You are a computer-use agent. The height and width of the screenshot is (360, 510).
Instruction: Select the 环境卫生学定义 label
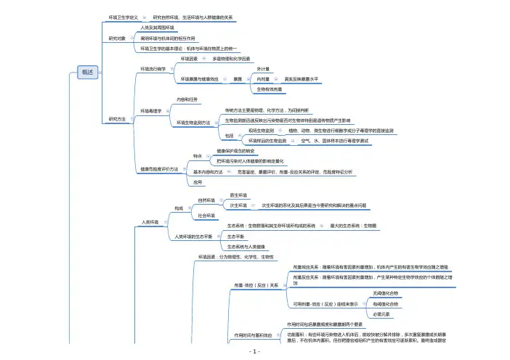coord(123,16)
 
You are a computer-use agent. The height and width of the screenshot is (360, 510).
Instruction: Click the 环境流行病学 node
coord(153,69)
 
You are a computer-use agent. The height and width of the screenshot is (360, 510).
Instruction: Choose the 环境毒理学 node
coord(151,110)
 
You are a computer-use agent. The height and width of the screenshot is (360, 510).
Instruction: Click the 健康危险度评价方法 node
coord(159,169)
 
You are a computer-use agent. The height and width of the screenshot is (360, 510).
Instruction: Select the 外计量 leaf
coord(264,68)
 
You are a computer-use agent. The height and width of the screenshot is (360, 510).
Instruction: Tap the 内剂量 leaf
coord(264,78)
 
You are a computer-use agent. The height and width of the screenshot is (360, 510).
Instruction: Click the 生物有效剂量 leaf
coord(269,89)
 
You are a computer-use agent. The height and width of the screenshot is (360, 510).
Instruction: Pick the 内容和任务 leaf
coord(187,99)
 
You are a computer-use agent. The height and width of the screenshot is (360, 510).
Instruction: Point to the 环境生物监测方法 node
coord(193,123)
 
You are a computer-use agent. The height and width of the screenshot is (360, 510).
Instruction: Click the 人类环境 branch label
coord(149,222)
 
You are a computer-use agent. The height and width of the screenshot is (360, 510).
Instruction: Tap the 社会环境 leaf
coord(206,216)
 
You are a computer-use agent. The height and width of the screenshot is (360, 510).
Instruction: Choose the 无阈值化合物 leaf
coord(384,293)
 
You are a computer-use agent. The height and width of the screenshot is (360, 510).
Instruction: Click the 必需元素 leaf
coord(381,314)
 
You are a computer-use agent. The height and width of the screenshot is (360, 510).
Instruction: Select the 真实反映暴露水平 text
coord(301,78)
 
